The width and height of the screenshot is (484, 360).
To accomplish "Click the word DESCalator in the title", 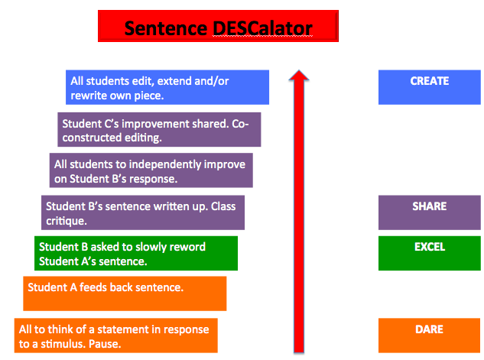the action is (x=262, y=28).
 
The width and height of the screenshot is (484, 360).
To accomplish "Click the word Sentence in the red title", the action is (x=166, y=28).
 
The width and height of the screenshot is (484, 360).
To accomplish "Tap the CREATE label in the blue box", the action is (x=430, y=81).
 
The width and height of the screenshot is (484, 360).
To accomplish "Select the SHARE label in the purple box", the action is (x=430, y=206).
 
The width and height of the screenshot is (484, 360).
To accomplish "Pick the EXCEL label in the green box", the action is (x=430, y=247).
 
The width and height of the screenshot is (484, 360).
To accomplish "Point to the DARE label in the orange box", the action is (x=429, y=329).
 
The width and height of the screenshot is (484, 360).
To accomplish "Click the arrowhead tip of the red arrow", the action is (x=299, y=70).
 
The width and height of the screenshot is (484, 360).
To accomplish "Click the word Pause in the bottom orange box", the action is (x=105, y=344).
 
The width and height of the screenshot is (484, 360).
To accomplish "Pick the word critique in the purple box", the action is (x=67, y=222).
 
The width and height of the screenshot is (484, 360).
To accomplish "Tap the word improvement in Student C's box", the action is (x=155, y=125).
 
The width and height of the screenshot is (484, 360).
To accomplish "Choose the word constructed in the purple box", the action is (x=91, y=138).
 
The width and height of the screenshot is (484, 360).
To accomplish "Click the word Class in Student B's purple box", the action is (x=223, y=206).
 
